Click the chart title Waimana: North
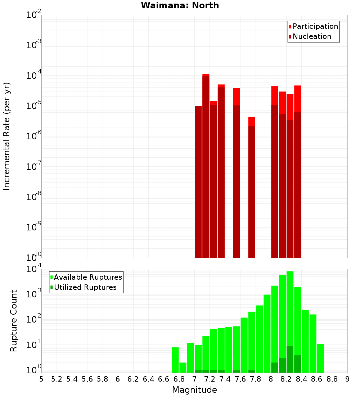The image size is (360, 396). point(180,5)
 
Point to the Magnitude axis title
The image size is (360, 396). point(194,390)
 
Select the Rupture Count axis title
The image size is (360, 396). point(14,320)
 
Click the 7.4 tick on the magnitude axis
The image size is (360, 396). point(225,379)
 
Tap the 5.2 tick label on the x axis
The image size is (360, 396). point(57,379)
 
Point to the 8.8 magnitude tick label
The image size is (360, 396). point(332,379)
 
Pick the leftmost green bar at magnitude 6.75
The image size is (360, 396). point(175,360)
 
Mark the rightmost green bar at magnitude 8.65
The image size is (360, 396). point(320,358)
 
